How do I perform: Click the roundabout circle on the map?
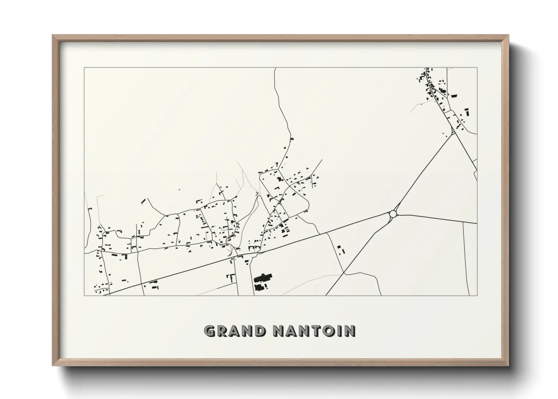pyautogui.click(x=393, y=214)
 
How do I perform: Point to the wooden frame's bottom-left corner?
pyautogui.click(x=53, y=365)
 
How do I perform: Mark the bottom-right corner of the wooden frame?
pyautogui.click(x=508, y=365)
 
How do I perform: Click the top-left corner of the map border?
pyautogui.click(x=84, y=68)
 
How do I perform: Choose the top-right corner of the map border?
pyautogui.click(x=477, y=68)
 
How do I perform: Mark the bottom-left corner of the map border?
pyautogui.click(x=84, y=295)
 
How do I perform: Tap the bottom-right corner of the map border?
pyautogui.click(x=477, y=295)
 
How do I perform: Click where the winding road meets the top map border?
pyautogui.click(x=276, y=68)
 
